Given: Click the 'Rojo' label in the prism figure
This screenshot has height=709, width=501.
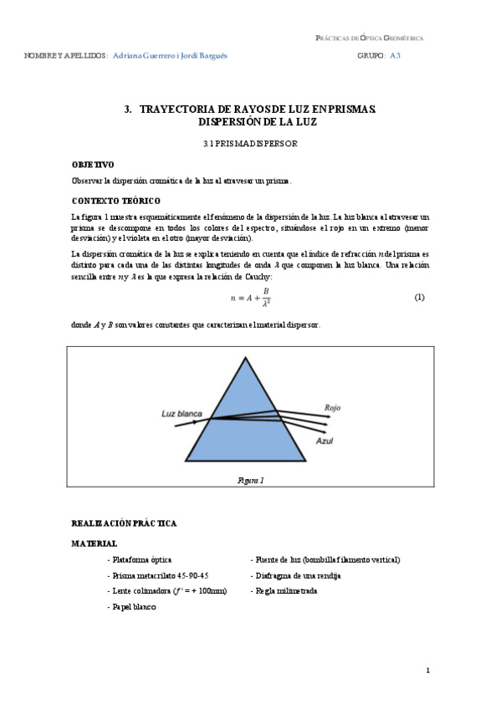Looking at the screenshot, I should (333, 408).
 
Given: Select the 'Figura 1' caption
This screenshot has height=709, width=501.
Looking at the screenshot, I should (251, 481).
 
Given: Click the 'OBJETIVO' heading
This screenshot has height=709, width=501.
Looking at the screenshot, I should (93, 165).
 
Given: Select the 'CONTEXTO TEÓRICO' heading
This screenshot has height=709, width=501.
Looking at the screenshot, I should (116, 201).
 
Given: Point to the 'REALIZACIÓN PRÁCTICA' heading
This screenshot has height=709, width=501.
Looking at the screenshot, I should (125, 523).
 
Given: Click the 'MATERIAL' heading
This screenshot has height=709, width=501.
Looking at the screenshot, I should (95, 543).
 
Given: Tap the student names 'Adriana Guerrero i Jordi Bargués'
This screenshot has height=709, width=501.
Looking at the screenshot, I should (170, 55).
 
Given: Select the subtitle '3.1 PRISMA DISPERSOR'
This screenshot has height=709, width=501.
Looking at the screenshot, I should (250, 144).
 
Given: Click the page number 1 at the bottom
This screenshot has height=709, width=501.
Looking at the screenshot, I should (427, 671).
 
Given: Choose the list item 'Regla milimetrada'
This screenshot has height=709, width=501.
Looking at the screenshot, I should (284, 591).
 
